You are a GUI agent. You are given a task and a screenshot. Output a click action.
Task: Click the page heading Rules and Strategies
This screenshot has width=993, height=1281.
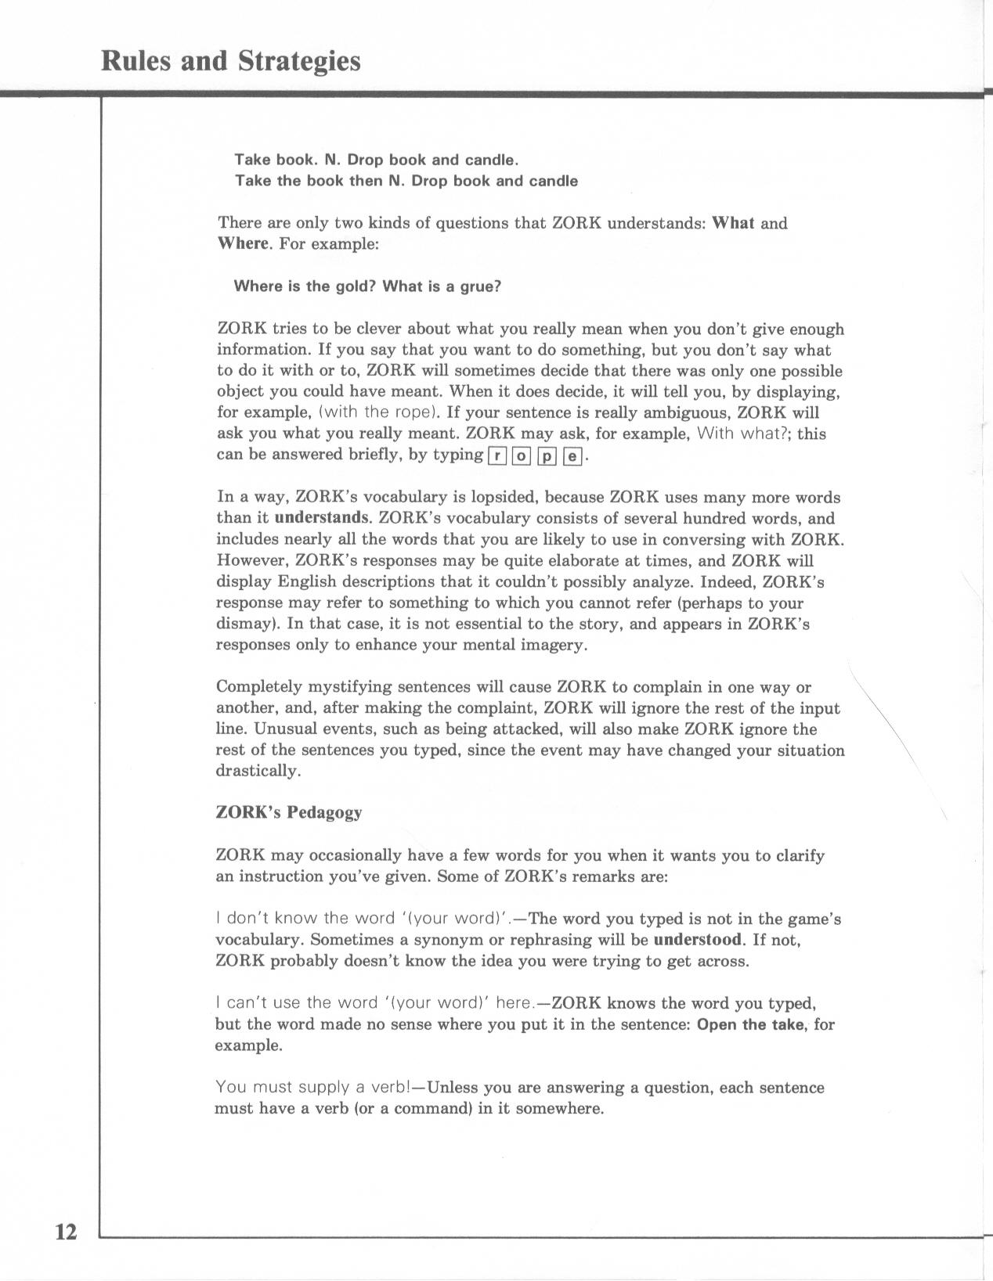tap(231, 61)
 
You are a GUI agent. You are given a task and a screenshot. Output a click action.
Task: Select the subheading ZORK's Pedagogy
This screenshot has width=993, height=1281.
tap(288, 812)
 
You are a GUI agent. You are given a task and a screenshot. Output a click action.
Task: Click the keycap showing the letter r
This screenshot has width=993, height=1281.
tap(497, 455)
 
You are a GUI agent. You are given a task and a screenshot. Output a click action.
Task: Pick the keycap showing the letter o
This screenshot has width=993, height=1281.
tap(521, 455)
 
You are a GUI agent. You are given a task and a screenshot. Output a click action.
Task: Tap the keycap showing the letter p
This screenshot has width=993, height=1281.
tap(547, 455)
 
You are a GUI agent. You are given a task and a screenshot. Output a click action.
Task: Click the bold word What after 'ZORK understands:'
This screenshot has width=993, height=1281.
tap(733, 223)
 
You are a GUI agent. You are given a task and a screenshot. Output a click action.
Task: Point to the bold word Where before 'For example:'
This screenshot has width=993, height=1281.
tap(242, 244)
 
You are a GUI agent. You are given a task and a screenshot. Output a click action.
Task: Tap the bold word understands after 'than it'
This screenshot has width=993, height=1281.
tap(321, 518)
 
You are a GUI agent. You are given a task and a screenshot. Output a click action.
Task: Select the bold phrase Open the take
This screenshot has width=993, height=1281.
tap(752, 1024)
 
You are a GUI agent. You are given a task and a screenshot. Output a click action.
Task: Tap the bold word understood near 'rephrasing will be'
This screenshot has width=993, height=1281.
tap(698, 939)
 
